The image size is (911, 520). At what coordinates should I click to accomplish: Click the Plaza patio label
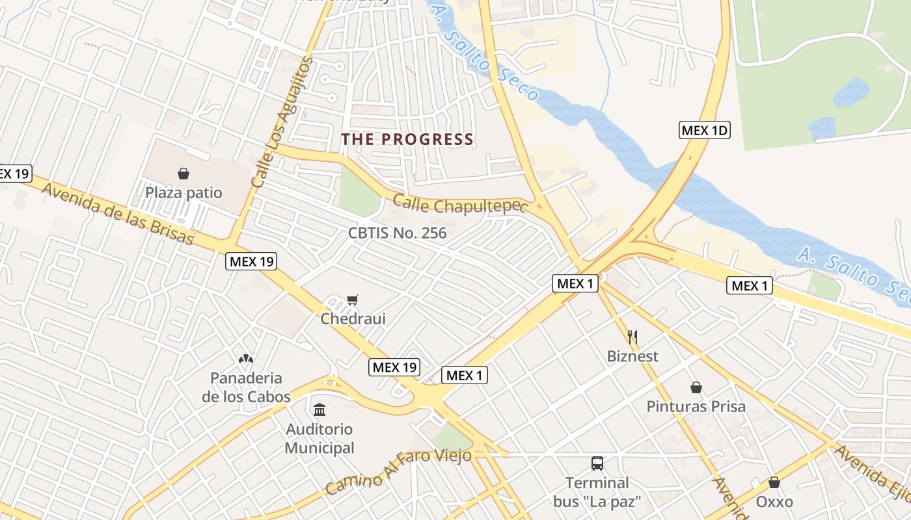tap(184, 193)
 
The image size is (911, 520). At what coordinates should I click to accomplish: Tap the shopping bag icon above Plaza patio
tap(184, 174)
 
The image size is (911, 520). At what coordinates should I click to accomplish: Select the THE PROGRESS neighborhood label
tap(407, 139)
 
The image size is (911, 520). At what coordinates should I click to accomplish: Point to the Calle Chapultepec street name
tap(459, 206)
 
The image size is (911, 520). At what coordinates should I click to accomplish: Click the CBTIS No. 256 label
tap(397, 233)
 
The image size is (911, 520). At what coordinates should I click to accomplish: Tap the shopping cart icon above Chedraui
tap(352, 300)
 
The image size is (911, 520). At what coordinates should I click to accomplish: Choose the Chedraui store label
tap(353, 318)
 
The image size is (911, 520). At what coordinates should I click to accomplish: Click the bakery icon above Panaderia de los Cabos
tap(245, 358)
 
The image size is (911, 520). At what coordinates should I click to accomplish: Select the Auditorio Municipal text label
tap(320, 439)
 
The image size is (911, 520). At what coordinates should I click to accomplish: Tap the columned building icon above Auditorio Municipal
tap(320, 409)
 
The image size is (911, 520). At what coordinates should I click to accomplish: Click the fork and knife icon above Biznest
tap(632, 337)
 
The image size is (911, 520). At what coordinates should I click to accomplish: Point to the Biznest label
tap(632, 356)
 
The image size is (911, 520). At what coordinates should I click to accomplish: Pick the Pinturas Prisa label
tap(696, 407)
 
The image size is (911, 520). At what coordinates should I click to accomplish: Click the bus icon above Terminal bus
tap(597, 463)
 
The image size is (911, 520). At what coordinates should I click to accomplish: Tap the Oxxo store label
tap(774, 502)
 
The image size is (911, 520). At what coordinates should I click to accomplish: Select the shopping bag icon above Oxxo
tap(774, 482)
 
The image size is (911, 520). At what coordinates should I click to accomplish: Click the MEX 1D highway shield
tap(704, 130)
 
